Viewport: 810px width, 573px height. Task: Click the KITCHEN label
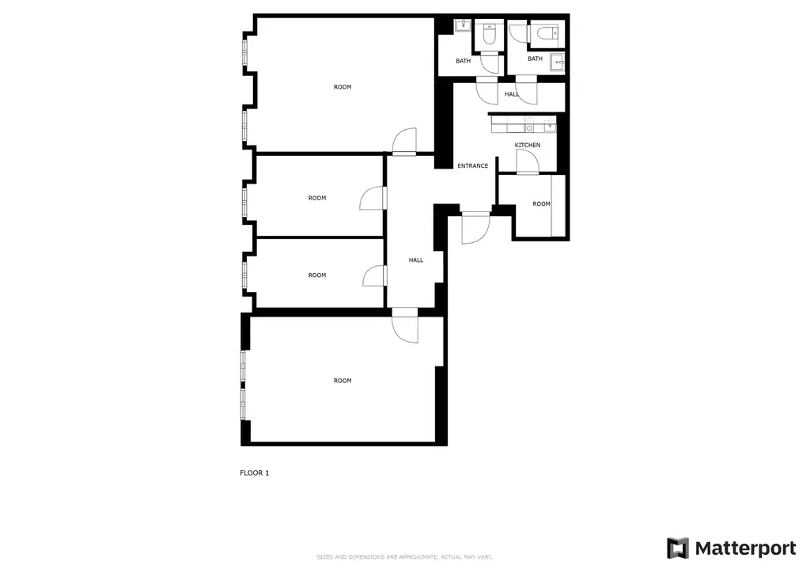[x=528, y=145]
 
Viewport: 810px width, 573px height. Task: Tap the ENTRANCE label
[x=472, y=166]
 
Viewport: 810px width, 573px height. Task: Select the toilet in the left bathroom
[x=488, y=35]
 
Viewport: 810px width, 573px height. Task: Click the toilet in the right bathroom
[x=545, y=33]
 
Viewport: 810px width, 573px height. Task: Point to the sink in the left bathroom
[x=460, y=26]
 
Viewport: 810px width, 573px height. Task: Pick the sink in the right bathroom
[x=559, y=63]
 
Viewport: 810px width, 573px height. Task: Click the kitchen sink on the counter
[x=529, y=127]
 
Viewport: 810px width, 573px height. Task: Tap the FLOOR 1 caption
[x=255, y=473]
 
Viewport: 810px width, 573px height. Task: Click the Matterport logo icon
[x=677, y=548]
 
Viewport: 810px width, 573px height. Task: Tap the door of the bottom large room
[x=405, y=327]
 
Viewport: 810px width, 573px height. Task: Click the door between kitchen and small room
[x=527, y=162]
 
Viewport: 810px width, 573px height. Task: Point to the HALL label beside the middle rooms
[x=415, y=260]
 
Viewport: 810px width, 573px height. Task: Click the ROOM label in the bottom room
[x=342, y=381]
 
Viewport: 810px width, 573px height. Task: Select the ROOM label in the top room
[x=342, y=87]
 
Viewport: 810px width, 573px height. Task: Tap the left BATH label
[x=463, y=61]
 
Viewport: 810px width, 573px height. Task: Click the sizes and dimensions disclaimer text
[x=404, y=556]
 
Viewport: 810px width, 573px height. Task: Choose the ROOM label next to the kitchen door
[x=541, y=204]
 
